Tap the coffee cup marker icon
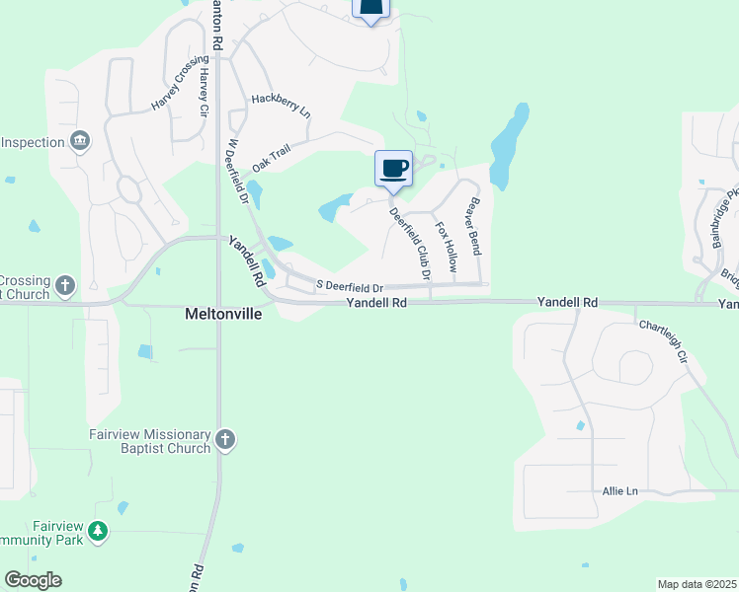point(393,167)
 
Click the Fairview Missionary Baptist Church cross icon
point(225,440)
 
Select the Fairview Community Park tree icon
point(97,532)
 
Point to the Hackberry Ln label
point(281,106)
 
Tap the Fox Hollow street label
point(448,247)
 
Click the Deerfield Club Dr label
point(410,242)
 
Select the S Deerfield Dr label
point(349,286)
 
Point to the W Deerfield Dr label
point(236,171)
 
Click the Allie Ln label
point(619,490)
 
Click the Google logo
point(33,580)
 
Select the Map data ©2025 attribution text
point(697,584)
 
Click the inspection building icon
point(81,142)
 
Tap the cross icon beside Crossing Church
point(65,286)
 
